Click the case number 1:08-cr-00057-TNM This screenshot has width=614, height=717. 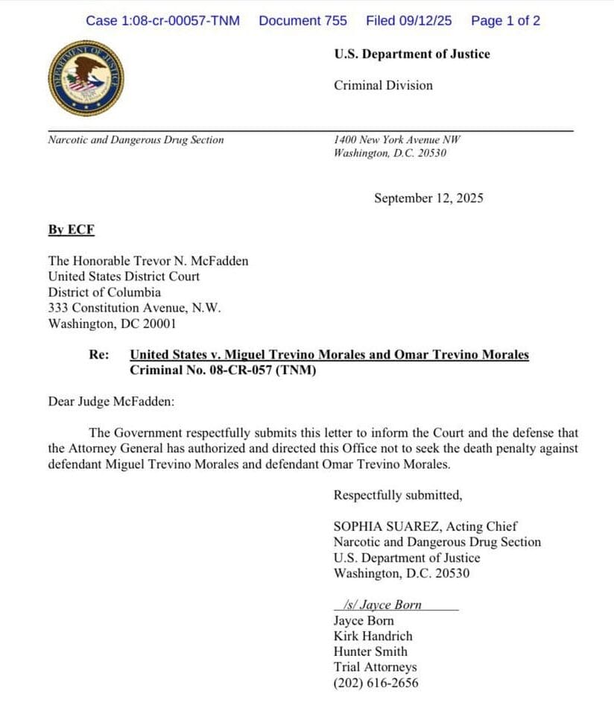pos(162,21)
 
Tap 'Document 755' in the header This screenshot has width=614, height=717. pos(303,21)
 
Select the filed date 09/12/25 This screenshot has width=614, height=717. pos(408,21)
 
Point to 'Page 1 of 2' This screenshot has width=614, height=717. pos(505,21)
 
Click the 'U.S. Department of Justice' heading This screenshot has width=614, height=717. pos(411,54)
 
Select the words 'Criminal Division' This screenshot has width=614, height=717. pos(383,86)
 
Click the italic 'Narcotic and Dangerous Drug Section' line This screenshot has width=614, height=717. pos(136,140)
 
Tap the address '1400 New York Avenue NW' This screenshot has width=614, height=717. pos(397,140)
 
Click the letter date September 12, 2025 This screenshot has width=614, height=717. pos(428,198)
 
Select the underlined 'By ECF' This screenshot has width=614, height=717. pos(72,230)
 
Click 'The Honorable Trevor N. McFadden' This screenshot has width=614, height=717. pos(148,261)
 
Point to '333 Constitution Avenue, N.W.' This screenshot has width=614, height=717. pos(135,308)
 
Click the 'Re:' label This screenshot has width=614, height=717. pos(99,355)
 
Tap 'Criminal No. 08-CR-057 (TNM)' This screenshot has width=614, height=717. pos(223,370)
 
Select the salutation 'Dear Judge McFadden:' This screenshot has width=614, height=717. pos(112,402)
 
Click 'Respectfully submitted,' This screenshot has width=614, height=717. pos(398,495)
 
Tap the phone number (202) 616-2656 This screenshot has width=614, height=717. pos(376,683)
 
